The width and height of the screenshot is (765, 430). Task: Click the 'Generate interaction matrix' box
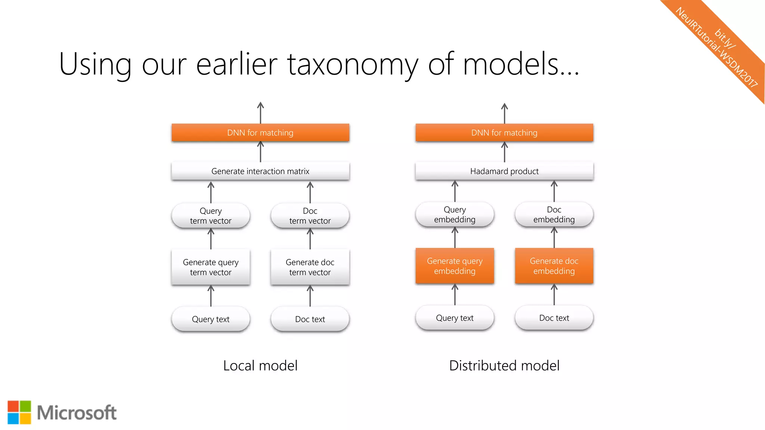tap(260, 171)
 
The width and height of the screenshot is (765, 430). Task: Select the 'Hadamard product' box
tap(504, 171)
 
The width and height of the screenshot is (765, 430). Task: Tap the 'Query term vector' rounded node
tap(211, 216)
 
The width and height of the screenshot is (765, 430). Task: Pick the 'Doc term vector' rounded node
tap(310, 216)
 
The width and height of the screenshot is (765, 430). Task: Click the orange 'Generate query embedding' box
tap(455, 266)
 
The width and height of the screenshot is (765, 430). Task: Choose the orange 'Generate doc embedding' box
tap(554, 266)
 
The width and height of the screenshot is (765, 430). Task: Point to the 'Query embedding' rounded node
tap(455, 214)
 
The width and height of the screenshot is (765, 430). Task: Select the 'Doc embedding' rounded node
tap(554, 214)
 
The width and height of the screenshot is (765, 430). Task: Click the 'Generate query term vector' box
tap(211, 267)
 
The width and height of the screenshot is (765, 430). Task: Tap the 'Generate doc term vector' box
tap(310, 267)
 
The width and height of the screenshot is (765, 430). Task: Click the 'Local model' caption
tap(260, 365)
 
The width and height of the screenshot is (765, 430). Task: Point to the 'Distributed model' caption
tap(504, 365)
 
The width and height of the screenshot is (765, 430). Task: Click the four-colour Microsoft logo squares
tap(19, 412)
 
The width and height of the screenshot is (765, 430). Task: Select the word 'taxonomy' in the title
tap(353, 64)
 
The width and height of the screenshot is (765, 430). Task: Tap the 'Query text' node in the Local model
tap(211, 319)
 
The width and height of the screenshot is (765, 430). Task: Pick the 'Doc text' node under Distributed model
tap(554, 318)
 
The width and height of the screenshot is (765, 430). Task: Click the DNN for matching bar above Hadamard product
tap(504, 133)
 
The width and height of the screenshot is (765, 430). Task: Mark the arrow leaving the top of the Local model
tap(260, 112)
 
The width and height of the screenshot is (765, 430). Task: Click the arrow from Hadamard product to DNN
tap(504, 152)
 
